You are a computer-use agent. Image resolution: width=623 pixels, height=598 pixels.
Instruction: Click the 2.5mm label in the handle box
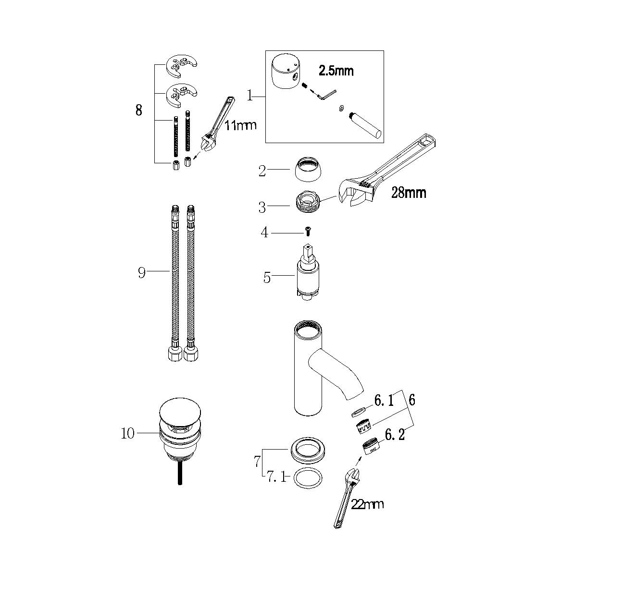(336, 71)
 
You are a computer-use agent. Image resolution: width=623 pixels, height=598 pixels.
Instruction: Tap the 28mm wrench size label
(409, 193)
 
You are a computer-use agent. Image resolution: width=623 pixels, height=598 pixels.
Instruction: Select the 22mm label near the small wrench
(367, 504)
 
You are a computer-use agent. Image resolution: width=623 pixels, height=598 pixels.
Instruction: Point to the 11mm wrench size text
(240, 125)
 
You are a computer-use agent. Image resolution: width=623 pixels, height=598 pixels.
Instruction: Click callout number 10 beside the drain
(127, 434)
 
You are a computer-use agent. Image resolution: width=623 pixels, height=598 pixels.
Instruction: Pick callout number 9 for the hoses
(141, 273)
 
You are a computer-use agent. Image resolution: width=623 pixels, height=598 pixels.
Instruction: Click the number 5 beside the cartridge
(267, 278)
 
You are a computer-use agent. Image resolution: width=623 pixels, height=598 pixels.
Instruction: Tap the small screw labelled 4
(308, 231)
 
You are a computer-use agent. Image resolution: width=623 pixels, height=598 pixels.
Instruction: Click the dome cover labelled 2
(308, 170)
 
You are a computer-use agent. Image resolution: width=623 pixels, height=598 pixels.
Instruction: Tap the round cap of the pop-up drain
(180, 412)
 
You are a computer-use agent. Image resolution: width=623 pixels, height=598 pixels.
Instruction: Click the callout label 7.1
(276, 477)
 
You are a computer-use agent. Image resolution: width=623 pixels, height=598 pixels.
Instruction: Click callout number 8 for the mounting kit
(138, 110)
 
